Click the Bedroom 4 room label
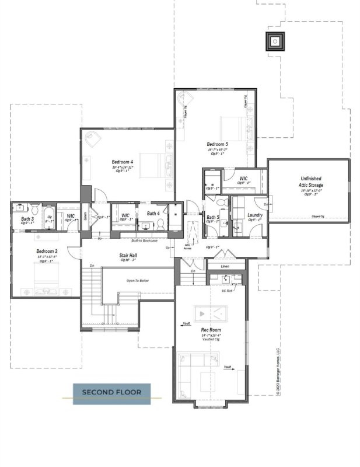pyautogui.click(x=123, y=162)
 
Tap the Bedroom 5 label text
pyautogui.click(x=218, y=144)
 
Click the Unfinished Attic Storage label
pyautogui.click(x=311, y=182)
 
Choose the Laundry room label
pyautogui.click(x=254, y=215)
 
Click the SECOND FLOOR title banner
pyautogui.click(x=111, y=392)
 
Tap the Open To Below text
pyautogui.click(x=138, y=281)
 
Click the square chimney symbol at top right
pyautogui.click(x=274, y=41)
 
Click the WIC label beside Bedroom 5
pyautogui.click(x=243, y=179)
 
